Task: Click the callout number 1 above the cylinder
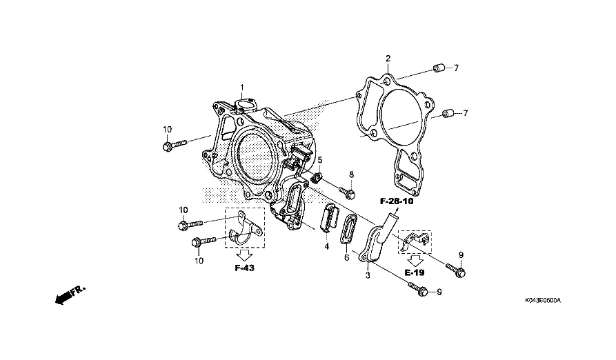pyautogui.click(x=242, y=87)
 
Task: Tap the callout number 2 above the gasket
pyautogui.click(x=388, y=59)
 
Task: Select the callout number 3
pyautogui.click(x=368, y=275)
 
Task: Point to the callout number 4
pyautogui.click(x=326, y=246)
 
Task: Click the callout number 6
pyautogui.click(x=346, y=257)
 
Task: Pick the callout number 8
pyautogui.click(x=352, y=174)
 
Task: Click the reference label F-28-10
pyautogui.click(x=397, y=201)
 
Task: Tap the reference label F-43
pyautogui.click(x=244, y=268)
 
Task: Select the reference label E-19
pyautogui.click(x=415, y=272)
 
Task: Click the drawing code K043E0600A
pyautogui.click(x=543, y=301)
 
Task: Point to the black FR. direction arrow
pyautogui.click(x=70, y=295)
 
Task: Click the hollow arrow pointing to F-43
pyautogui.click(x=244, y=255)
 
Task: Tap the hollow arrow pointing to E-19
pyautogui.click(x=415, y=260)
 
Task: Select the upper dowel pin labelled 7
pyautogui.click(x=439, y=69)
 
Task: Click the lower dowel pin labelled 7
pyautogui.click(x=448, y=114)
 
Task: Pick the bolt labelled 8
pyautogui.click(x=346, y=192)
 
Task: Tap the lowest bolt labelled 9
pyautogui.click(x=417, y=289)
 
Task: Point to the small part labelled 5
pyautogui.click(x=317, y=178)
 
